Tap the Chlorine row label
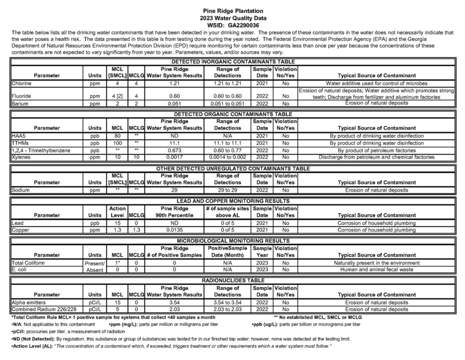click(x=22, y=84)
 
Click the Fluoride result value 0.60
click(x=174, y=96)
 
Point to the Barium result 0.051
click(x=174, y=104)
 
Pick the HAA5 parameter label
click(x=18, y=136)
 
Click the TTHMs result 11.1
click(x=174, y=143)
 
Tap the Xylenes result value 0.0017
click(x=174, y=157)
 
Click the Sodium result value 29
click(x=174, y=190)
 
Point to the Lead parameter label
click(x=17, y=223)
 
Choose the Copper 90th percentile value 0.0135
click(x=174, y=230)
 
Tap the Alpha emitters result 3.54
click(x=174, y=303)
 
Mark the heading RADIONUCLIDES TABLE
click(x=233, y=281)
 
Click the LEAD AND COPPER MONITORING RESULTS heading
click(x=233, y=201)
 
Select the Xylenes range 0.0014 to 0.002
click(x=228, y=157)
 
